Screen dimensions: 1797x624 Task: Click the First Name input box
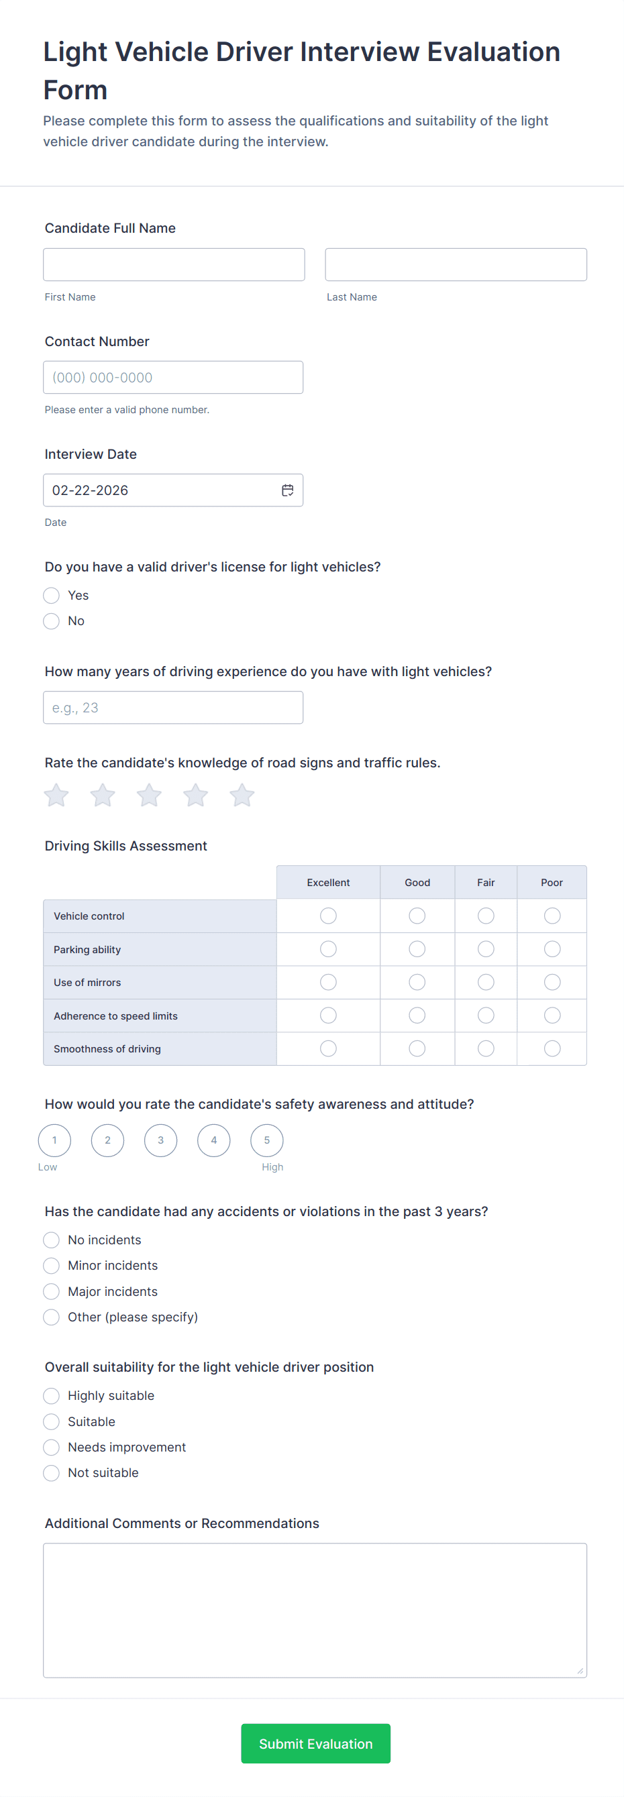click(x=174, y=264)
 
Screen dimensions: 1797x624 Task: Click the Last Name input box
click(x=455, y=264)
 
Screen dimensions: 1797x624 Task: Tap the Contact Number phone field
click(x=173, y=378)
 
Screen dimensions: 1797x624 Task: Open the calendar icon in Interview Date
click(x=288, y=490)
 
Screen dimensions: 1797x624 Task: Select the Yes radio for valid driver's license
click(x=52, y=595)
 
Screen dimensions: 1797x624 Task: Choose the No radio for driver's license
click(x=52, y=621)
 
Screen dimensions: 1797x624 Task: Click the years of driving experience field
click(x=173, y=708)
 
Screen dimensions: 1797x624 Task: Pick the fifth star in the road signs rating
click(x=242, y=795)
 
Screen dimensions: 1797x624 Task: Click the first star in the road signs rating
click(x=56, y=795)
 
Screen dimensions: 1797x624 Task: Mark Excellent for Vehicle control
click(x=328, y=915)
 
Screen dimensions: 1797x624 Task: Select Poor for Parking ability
click(x=552, y=948)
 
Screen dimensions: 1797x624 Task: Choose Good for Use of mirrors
click(x=417, y=982)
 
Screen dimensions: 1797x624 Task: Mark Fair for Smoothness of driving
click(x=486, y=1048)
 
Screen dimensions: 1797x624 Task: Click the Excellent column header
click(x=328, y=883)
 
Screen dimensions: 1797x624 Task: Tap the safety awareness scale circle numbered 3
click(x=160, y=1140)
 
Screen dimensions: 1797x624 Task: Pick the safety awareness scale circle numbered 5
click(x=266, y=1140)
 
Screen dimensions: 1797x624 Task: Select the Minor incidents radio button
click(x=52, y=1266)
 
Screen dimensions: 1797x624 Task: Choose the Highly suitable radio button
click(x=52, y=1396)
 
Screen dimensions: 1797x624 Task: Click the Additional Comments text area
click(x=315, y=1610)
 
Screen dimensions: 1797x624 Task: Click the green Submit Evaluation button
click(x=315, y=1743)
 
